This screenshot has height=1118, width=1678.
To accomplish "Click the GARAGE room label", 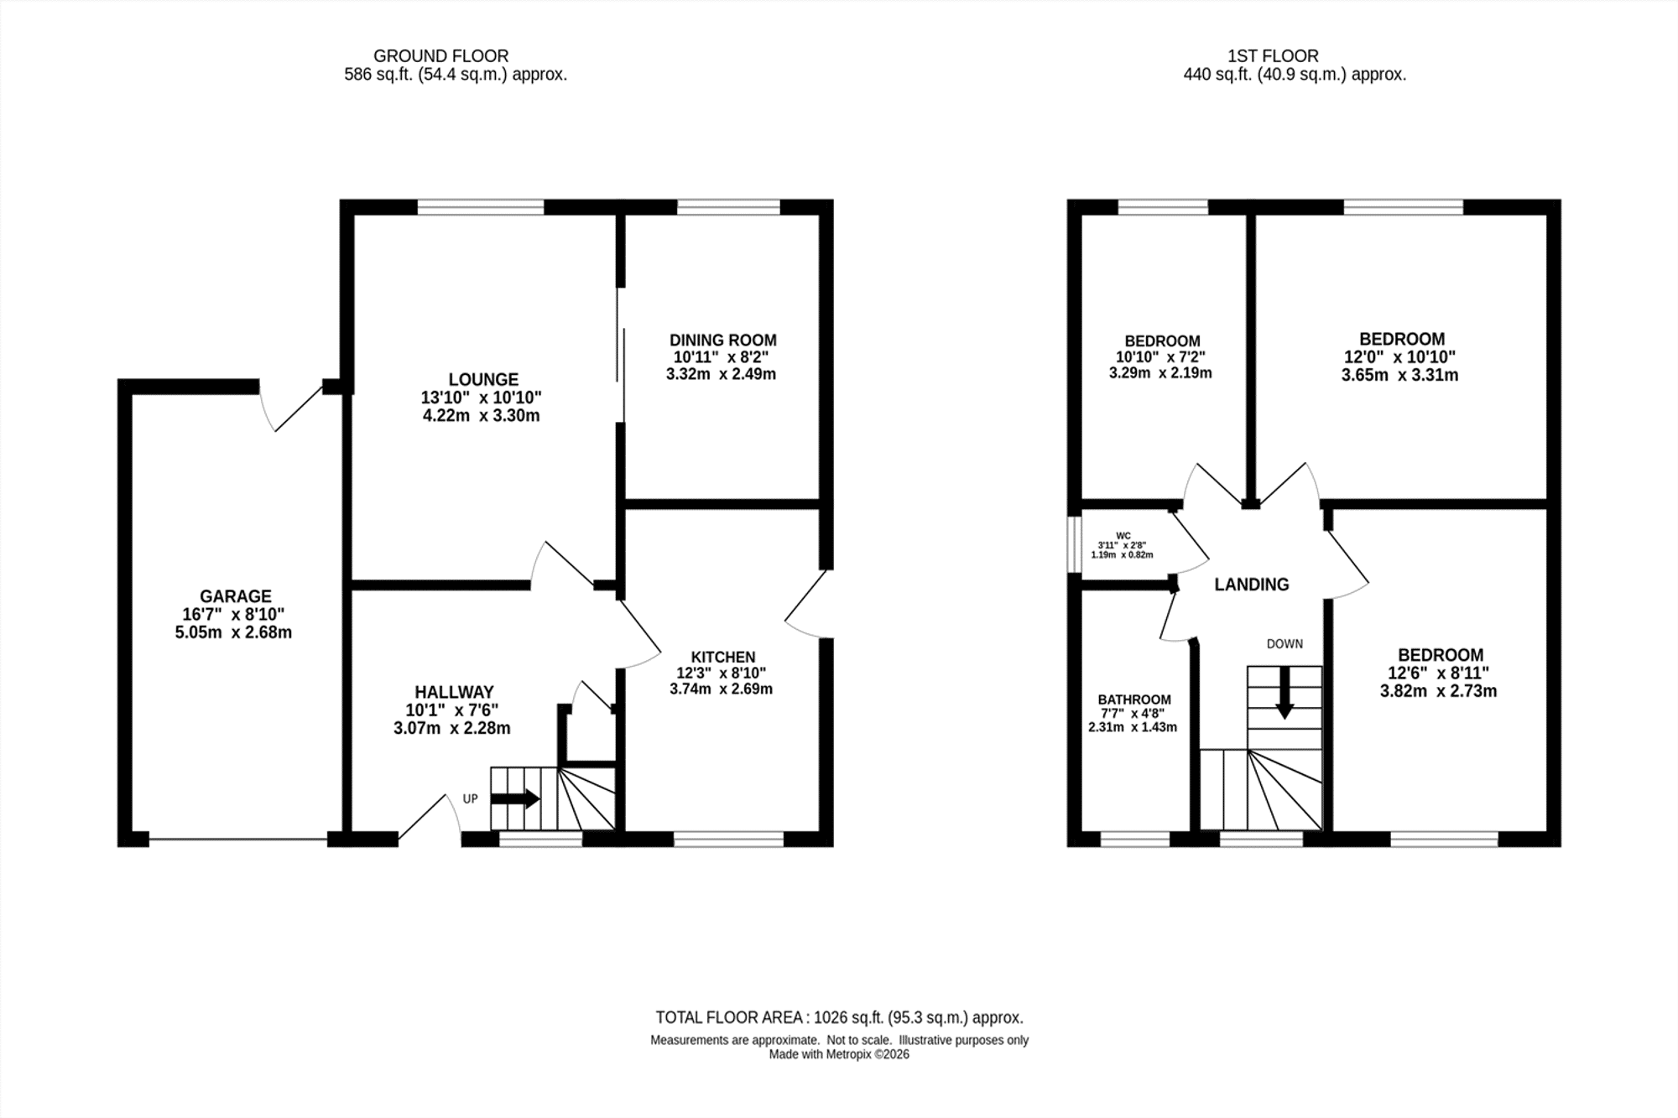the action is (x=235, y=596).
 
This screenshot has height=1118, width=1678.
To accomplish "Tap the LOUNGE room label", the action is (x=483, y=380).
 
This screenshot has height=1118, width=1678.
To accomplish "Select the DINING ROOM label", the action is (x=723, y=341).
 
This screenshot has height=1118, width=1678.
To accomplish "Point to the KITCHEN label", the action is (x=723, y=658).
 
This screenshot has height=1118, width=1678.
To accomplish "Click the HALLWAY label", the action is (x=454, y=693).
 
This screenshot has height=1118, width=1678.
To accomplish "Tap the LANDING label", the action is (x=1252, y=585).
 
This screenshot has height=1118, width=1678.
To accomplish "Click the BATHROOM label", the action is (x=1134, y=699).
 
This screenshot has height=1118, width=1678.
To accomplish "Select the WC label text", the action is (x=1123, y=536).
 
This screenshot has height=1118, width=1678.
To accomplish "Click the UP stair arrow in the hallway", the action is (x=515, y=798).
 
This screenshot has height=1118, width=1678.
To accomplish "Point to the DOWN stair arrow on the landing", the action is (x=1285, y=694).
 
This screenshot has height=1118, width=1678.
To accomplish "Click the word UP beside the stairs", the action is (x=470, y=799).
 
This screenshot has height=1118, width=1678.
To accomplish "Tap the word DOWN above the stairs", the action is (x=1285, y=644).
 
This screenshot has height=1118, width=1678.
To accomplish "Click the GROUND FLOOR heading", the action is (x=440, y=56).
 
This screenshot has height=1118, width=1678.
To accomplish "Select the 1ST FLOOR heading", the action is (x=1273, y=56).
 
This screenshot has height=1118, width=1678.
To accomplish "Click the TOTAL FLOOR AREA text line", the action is (x=839, y=1018).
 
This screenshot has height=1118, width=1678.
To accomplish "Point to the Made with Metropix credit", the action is (x=839, y=1054).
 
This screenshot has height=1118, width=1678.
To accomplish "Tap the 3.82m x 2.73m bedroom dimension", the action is (x=1439, y=692).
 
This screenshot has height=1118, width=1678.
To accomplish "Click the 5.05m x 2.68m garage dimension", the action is (x=233, y=633).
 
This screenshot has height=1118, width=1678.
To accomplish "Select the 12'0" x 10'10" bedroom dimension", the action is (x=1400, y=357).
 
